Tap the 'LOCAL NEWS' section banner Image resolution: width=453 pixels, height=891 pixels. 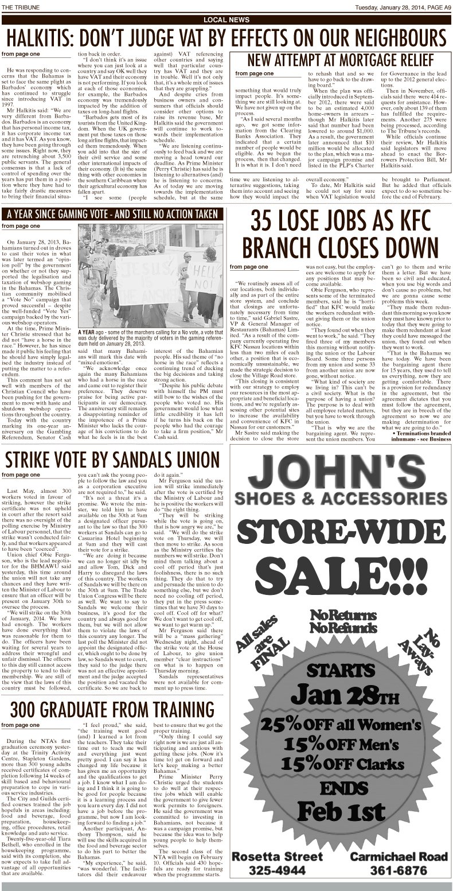click(x=226, y=20)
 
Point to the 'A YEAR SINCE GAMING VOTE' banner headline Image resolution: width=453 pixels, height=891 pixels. click(x=112, y=214)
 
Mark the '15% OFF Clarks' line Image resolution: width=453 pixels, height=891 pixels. click(x=342, y=764)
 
